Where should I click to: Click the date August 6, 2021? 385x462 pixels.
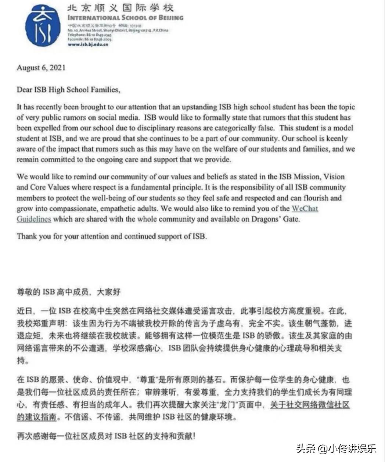click(41, 68)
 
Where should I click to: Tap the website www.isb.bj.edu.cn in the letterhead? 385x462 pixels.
click(88, 44)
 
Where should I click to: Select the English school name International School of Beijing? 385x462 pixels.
click(125, 17)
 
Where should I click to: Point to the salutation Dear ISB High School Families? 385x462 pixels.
click(68, 89)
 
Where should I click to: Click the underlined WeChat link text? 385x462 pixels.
click(305, 208)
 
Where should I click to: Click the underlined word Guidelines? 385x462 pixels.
click(34, 219)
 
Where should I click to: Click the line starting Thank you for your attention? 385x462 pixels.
click(112, 236)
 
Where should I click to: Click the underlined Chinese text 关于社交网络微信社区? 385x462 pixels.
click(309, 405)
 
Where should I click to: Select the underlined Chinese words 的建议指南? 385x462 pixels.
click(36, 417)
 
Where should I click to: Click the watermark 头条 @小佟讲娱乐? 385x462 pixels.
click(336, 448)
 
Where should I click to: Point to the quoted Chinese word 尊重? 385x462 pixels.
click(150, 379)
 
